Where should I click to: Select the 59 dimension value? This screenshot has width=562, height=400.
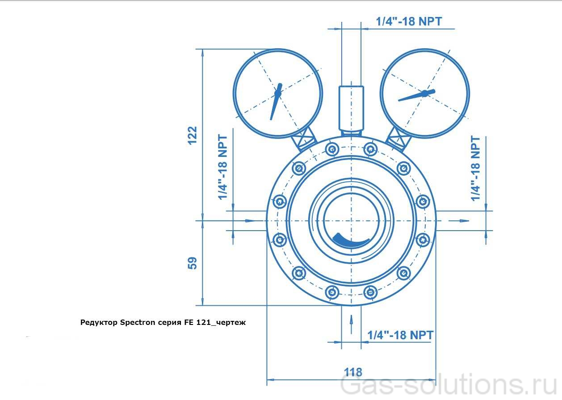(192, 263)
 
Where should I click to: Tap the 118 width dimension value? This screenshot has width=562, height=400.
(353, 371)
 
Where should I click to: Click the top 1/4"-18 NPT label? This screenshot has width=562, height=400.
(409, 21)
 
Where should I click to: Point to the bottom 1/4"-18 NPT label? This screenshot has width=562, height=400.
(400, 335)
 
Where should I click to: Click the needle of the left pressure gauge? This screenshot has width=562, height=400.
(276, 100)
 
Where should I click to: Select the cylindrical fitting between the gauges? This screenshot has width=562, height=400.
(351, 107)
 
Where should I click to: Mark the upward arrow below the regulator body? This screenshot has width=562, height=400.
(351, 320)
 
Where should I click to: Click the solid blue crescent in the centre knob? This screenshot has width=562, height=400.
(351, 241)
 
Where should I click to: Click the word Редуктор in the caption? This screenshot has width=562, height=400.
(99, 322)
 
